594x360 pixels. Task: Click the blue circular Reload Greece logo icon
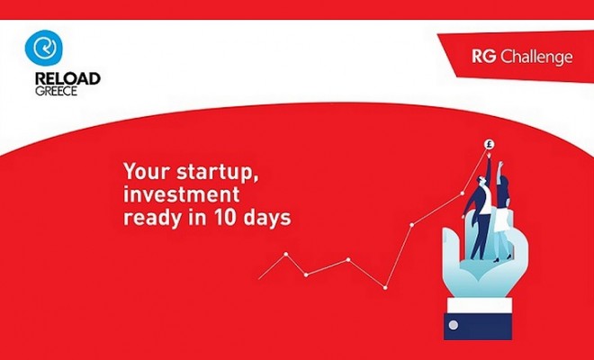pyautogui.click(x=43, y=48)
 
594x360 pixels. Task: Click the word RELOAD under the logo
pyautogui.click(x=67, y=79)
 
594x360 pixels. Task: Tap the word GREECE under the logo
pyautogui.click(x=56, y=91)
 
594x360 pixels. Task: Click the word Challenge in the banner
pyautogui.click(x=536, y=58)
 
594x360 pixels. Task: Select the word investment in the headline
pyautogui.click(x=182, y=194)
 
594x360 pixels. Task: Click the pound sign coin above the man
pyautogui.click(x=489, y=144)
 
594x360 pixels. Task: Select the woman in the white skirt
pyautogui.click(x=503, y=211)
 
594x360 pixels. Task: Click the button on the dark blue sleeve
pyautogui.click(x=453, y=325)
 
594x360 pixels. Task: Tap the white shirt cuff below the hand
pyautogui.click(x=480, y=305)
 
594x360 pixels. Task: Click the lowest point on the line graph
pyautogui.click(x=385, y=288)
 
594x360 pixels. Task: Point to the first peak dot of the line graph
pyautogui.click(x=286, y=254)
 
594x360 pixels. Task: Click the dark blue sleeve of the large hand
pyautogui.click(x=478, y=327)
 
